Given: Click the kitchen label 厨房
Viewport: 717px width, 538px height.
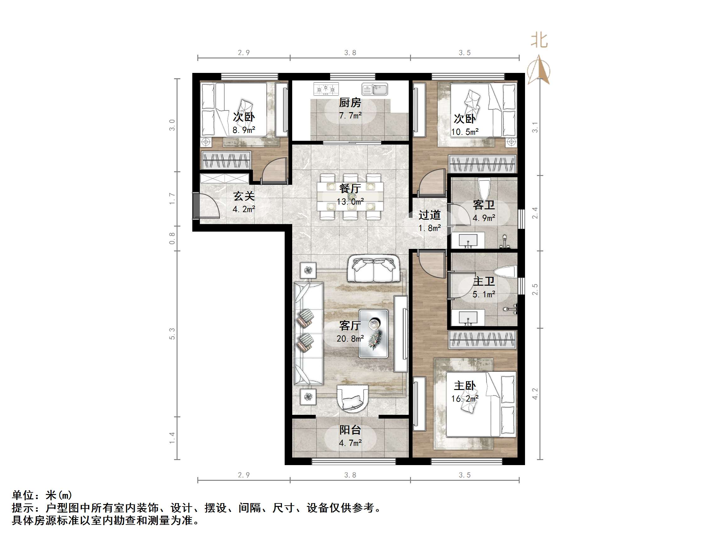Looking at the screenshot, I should (x=350, y=103).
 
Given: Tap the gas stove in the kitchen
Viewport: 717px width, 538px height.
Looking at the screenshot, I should (x=326, y=89).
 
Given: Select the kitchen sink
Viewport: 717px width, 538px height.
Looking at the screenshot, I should (x=375, y=89).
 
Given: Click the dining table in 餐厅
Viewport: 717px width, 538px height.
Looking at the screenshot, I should (x=350, y=196).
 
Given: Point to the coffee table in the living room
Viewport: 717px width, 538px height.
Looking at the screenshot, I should (x=373, y=334).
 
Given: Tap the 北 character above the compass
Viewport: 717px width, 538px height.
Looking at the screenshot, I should (x=539, y=41).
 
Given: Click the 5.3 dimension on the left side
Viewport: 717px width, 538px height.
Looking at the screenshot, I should (x=172, y=334).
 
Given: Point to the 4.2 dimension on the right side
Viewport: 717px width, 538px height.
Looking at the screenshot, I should (x=535, y=394).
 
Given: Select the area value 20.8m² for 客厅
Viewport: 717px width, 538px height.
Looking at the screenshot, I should (x=350, y=338).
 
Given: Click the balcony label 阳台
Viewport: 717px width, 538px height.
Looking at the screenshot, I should (x=350, y=430).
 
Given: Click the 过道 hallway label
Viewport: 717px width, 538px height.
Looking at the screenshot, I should (x=430, y=215).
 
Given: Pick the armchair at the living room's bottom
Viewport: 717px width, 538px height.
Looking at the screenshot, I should (x=353, y=398).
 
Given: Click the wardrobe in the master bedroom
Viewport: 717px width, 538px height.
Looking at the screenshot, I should (x=482, y=339).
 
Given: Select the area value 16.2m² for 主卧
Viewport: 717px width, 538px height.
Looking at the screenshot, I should (x=464, y=398).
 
